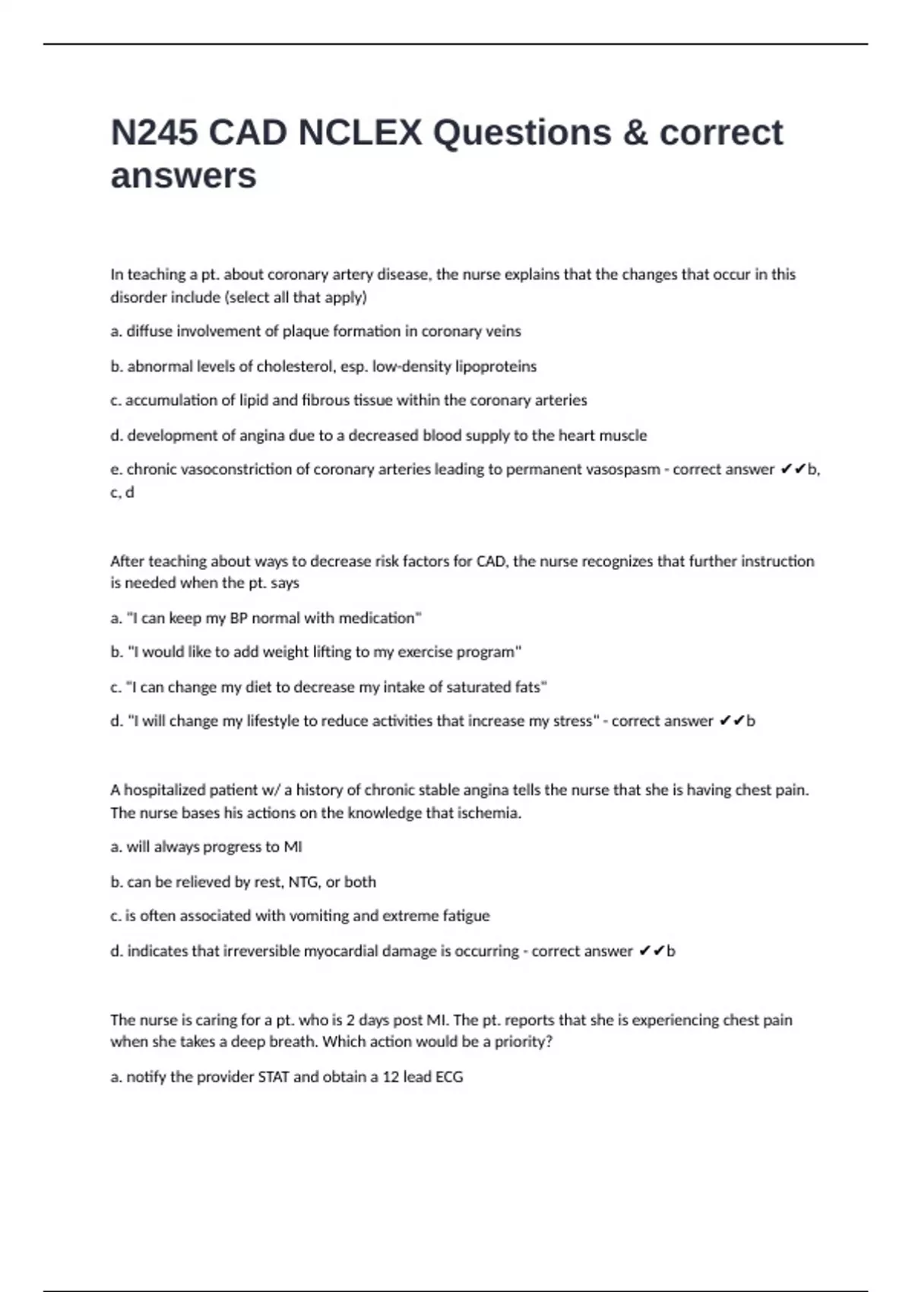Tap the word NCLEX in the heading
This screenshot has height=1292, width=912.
tap(359, 133)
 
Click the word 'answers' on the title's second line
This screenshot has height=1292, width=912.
tap(183, 176)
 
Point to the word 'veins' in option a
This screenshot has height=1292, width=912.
tap(503, 331)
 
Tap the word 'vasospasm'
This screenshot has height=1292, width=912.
tap(621, 470)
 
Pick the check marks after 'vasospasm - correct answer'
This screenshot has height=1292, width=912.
tap(793, 470)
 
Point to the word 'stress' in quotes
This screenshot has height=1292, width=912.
tap(572, 721)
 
